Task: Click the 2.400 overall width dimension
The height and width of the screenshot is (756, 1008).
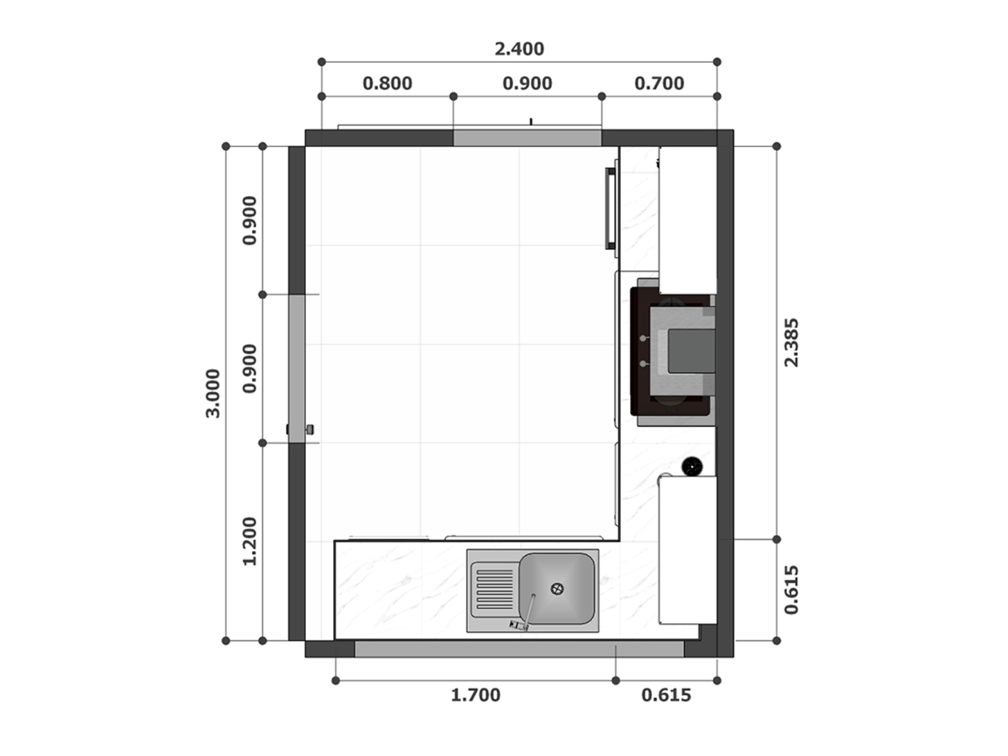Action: point(519,49)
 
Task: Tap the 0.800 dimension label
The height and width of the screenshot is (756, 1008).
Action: point(387,84)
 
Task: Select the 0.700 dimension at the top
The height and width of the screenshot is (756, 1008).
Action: point(659,84)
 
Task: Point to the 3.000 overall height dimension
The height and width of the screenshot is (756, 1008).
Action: point(213,393)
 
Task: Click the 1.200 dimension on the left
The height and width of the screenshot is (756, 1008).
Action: point(250,541)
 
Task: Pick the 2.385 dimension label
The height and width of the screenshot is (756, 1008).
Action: point(791,343)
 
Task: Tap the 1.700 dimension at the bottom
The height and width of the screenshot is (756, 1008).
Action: point(475,695)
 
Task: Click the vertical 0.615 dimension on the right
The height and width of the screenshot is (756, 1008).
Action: point(791,590)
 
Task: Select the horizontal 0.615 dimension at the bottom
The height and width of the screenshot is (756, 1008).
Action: point(666,695)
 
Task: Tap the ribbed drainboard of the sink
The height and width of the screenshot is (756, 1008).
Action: point(494,590)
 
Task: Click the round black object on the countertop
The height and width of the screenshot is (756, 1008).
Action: point(692,466)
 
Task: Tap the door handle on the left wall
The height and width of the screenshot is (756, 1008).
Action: point(310,429)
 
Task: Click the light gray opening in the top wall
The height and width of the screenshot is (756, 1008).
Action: point(527,138)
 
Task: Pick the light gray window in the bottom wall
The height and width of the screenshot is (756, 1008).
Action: point(519,649)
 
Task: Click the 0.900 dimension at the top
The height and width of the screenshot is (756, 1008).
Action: point(527,84)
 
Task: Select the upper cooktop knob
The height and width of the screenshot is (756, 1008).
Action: point(643,339)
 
